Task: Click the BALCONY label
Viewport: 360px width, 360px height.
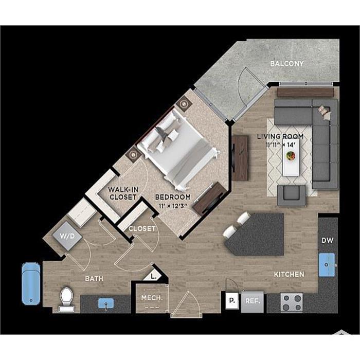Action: click(287, 64)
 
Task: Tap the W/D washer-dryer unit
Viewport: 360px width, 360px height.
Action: click(67, 236)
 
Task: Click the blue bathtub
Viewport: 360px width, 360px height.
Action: click(31, 283)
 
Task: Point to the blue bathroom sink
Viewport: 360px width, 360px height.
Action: click(106, 303)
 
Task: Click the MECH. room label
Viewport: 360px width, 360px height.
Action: click(152, 298)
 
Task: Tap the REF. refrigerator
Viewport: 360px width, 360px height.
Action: click(253, 301)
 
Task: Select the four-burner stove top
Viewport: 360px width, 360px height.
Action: click(292, 302)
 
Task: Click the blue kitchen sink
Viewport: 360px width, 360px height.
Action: click(327, 265)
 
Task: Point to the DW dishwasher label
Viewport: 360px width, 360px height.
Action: click(327, 240)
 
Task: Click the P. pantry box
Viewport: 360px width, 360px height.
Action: click(232, 300)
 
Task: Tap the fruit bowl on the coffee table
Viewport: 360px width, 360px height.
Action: click(291, 156)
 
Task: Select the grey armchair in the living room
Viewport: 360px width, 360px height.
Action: click(292, 195)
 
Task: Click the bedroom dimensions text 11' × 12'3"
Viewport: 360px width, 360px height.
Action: click(173, 206)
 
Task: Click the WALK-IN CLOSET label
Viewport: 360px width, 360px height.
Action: click(123, 193)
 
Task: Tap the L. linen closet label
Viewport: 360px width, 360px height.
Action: click(154, 277)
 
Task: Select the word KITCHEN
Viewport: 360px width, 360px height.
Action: click(289, 274)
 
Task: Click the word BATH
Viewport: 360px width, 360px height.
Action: click(94, 279)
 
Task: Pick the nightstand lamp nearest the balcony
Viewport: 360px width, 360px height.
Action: click(184, 104)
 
